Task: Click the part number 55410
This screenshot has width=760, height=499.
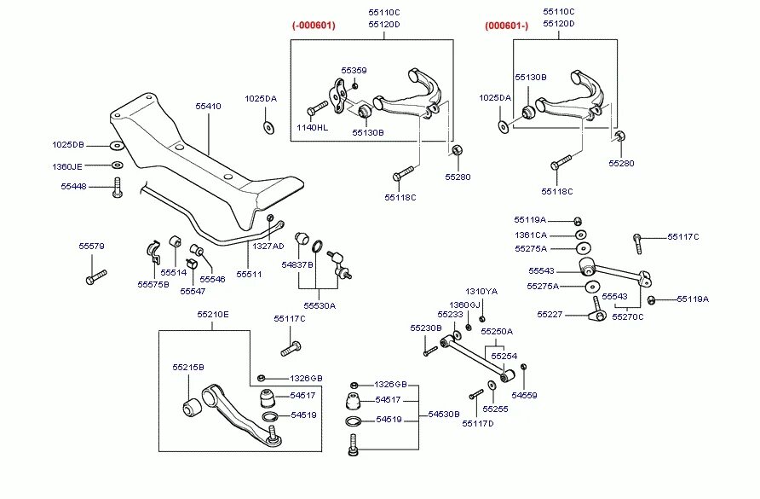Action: point(208,107)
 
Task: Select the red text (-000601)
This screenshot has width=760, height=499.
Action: point(314,25)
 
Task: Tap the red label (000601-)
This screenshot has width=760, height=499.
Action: point(507,25)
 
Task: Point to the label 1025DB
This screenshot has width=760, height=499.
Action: point(68,144)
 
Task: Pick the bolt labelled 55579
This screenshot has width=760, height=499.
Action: point(95,276)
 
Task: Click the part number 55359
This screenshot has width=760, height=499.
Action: point(354,70)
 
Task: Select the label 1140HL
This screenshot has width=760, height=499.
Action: point(311,127)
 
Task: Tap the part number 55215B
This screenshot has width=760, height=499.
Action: point(188,367)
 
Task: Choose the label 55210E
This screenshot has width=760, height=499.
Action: point(213,314)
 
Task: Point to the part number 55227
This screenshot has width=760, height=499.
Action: point(549,314)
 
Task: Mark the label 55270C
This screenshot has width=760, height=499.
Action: point(628,316)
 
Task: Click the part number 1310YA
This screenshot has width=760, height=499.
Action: point(481,291)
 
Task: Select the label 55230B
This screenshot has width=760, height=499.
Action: point(425,328)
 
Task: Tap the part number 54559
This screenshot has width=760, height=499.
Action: point(524,395)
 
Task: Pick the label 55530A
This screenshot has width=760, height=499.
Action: point(320,305)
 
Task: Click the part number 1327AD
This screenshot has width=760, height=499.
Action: point(268,246)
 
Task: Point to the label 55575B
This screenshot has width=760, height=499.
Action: point(153,284)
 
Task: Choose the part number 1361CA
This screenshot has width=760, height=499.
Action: point(531,235)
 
